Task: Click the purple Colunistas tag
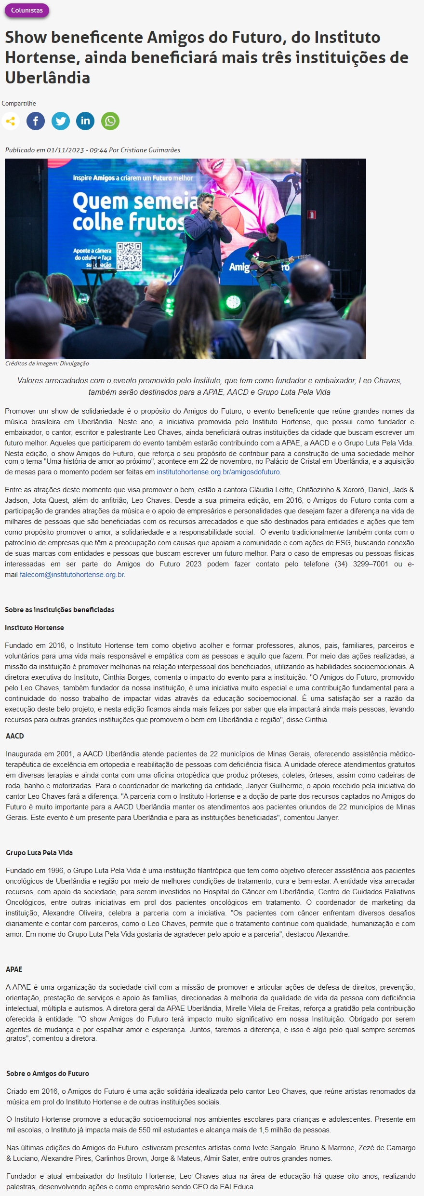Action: click(26, 10)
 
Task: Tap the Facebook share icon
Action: click(36, 121)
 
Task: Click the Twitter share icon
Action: click(61, 121)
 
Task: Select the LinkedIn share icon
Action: click(85, 121)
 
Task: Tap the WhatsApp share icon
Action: click(110, 121)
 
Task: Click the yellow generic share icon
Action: click(11, 121)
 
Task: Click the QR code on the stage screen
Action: click(129, 255)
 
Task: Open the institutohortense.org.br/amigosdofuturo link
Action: click(218, 472)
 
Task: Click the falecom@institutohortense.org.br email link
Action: click(72, 575)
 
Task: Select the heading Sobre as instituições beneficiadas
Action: click(59, 610)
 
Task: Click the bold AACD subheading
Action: click(15, 736)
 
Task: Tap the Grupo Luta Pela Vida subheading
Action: click(40, 853)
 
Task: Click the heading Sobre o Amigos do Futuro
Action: click(48, 1074)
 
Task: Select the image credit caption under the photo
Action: click(47, 363)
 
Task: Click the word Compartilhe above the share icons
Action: click(19, 104)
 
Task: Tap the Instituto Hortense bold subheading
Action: click(34, 628)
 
